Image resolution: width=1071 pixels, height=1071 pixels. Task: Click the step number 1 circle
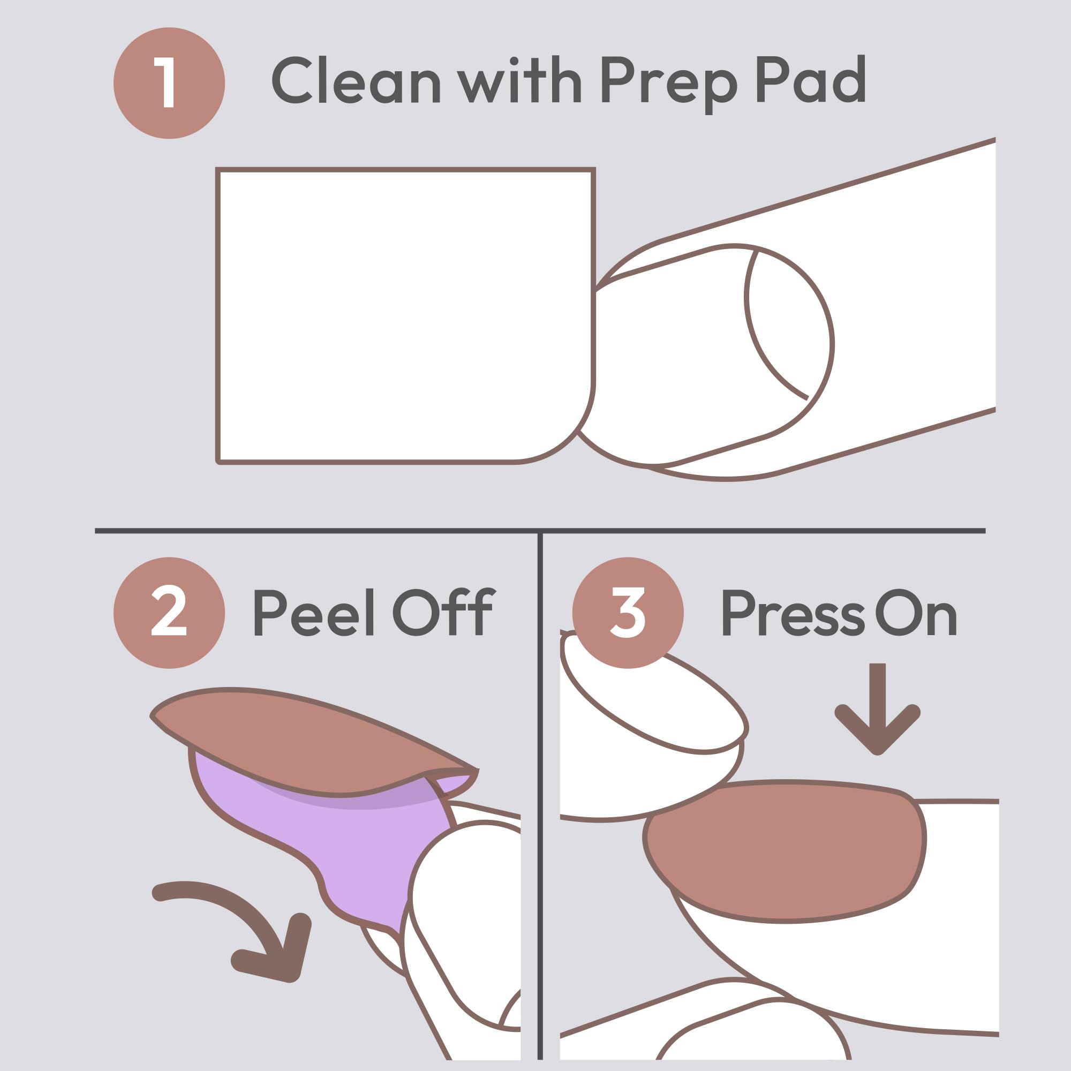tap(169, 83)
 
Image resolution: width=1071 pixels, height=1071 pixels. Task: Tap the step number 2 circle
tap(169, 613)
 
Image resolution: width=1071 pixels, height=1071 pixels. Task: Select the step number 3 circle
tap(628, 613)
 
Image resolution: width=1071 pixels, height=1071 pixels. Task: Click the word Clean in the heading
tap(356, 81)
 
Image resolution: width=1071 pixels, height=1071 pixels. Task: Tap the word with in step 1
tap(519, 80)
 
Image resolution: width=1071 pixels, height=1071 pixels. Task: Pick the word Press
tap(793, 613)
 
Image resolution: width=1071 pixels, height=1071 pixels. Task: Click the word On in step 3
tap(916, 613)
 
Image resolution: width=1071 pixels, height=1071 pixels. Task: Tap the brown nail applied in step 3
tap(785, 851)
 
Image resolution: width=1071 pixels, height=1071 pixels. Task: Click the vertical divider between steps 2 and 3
tap(540, 796)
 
